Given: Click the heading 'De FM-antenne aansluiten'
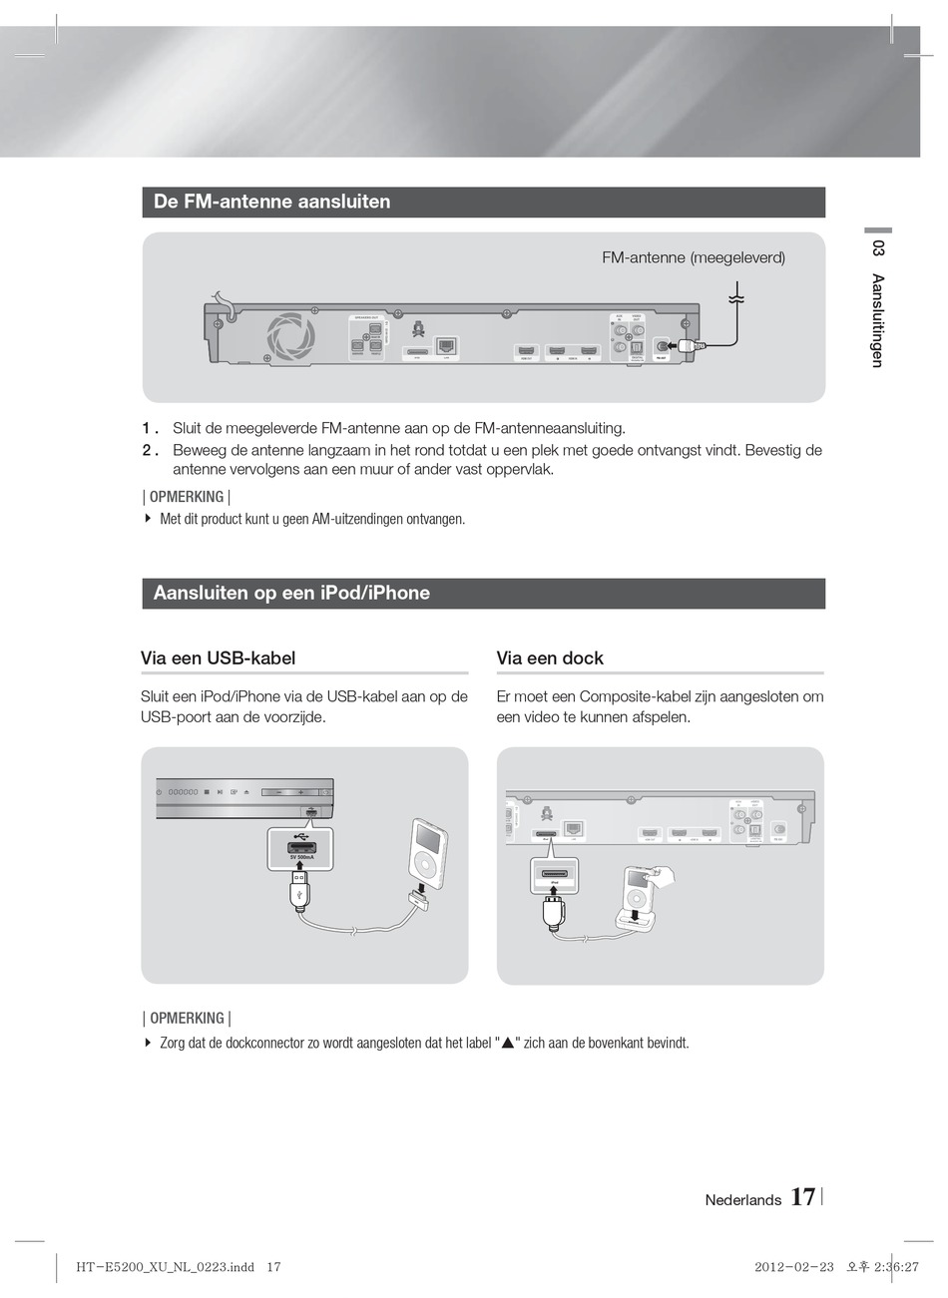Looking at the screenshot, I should tap(271, 202).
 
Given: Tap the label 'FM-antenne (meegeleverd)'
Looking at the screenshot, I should tap(694, 257).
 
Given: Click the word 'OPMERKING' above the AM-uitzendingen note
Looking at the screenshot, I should tap(187, 497).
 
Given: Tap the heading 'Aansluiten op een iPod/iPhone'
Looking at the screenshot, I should tap(291, 593).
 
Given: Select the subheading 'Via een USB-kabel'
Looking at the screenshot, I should tap(218, 658).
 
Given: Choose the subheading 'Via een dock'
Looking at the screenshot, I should tap(550, 658).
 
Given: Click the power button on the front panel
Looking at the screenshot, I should tap(160, 792).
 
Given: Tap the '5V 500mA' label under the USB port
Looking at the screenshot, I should tap(302, 857).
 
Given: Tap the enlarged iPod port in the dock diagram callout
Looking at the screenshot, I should tap(554, 873).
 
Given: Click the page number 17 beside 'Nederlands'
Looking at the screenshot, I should tap(802, 1198).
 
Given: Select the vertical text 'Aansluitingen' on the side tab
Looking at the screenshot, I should tap(877, 320).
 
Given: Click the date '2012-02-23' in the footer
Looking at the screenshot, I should tap(793, 1267).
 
